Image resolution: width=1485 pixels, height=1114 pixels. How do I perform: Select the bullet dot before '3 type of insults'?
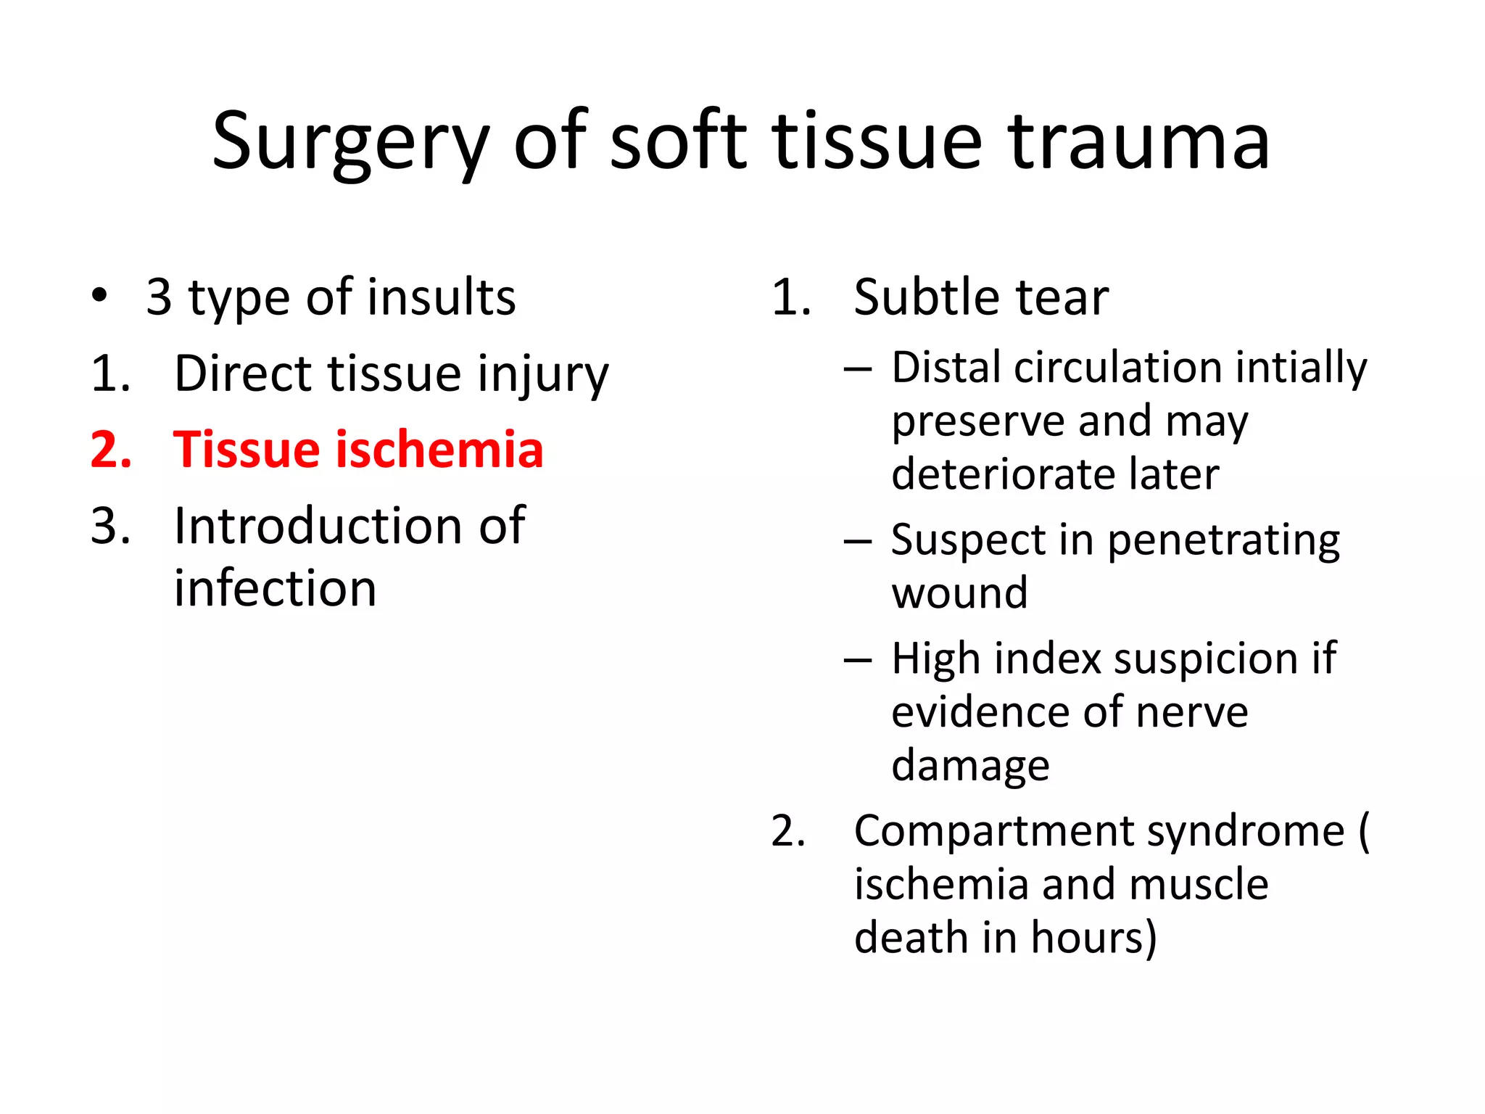coord(99,296)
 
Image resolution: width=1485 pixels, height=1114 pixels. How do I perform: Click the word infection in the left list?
coord(275,588)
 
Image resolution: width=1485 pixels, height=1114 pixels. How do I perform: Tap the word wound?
coord(959,593)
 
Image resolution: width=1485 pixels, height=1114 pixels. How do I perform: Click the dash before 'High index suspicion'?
coord(858,659)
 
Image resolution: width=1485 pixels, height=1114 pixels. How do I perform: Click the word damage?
coord(970,766)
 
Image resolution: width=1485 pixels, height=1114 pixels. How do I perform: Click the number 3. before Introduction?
coord(110,526)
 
